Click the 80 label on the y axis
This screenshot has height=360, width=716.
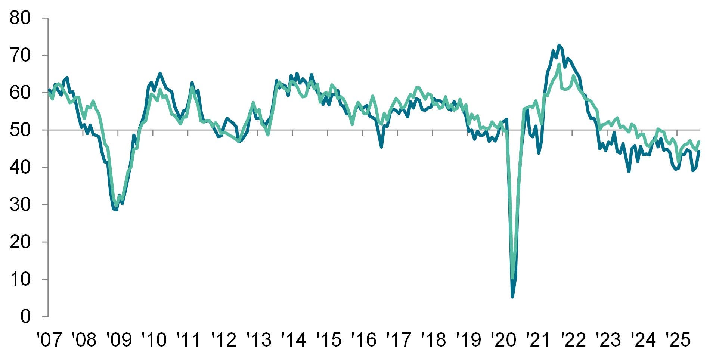(x=19, y=18)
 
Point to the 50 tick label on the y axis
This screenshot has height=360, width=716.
(x=19, y=130)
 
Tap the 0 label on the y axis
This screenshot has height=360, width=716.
(x=25, y=317)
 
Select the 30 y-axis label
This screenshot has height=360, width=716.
(x=19, y=205)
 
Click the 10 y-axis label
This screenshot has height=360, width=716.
(x=19, y=279)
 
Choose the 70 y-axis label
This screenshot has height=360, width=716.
(x=19, y=55)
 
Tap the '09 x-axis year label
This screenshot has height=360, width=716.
(x=119, y=340)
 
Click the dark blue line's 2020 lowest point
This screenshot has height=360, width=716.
(x=512, y=297)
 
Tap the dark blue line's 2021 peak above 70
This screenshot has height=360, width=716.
(x=559, y=45)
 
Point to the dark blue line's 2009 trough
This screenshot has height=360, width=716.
(x=117, y=210)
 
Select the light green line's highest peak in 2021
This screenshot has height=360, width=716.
(x=559, y=64)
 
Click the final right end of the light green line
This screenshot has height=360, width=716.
(x=699, y=142)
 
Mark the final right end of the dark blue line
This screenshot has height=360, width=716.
(x=699, y=151)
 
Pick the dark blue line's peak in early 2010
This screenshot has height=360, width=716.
(x=160, y=73)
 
